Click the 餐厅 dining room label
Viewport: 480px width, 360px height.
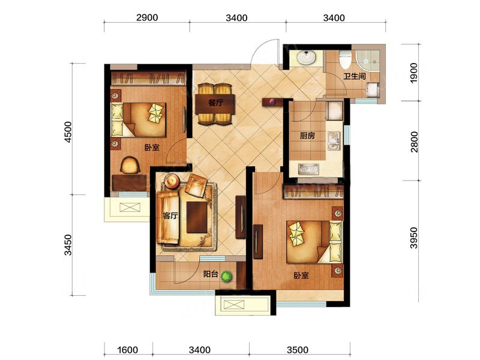[215, 103]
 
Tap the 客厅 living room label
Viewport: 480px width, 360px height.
[170, 216]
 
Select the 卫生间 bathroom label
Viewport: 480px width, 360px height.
[355, 76]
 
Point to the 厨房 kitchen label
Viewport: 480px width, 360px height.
[307, 136]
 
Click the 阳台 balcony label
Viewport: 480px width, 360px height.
[211, 274]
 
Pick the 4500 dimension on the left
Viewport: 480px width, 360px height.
[68, 132]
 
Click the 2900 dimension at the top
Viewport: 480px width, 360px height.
[147, 17]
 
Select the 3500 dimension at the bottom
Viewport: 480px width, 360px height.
[298, 349]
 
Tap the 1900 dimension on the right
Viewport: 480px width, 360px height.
[413, 73]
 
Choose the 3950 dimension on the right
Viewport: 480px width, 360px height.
[413, 238]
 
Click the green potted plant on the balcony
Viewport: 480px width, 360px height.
[226, 277]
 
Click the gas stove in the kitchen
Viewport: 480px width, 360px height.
[308, 169]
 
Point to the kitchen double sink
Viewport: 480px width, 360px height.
[334, 141]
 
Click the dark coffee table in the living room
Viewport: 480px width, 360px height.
[197, 217]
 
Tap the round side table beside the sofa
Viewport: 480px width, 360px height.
[172, 181]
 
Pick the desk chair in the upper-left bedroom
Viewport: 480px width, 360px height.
[130, 164]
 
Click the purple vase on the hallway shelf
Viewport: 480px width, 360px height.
[272, 101]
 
